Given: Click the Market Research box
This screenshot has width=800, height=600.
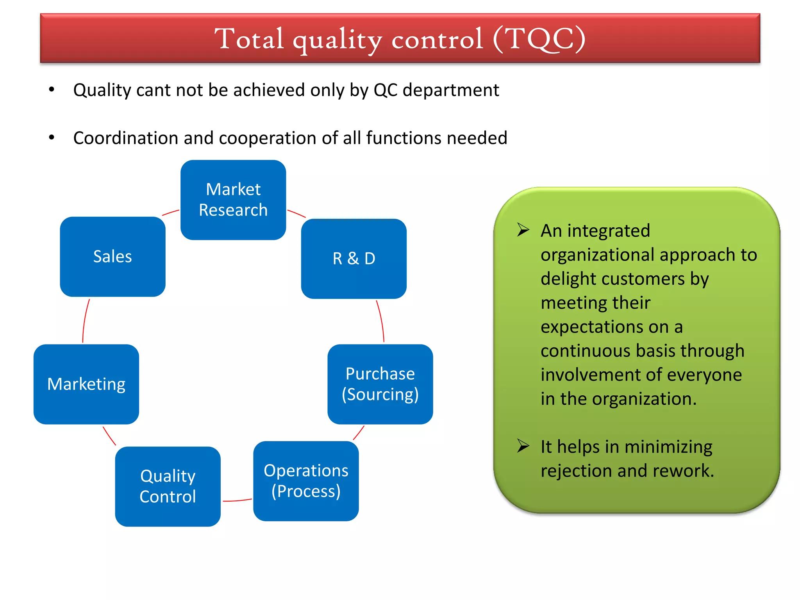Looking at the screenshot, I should pyautogui.click(x=233, y=200).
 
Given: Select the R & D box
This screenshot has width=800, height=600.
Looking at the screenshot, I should pyautogui.click(x=354, y=259).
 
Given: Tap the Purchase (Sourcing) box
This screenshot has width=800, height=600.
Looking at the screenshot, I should pyautogui.click(x=380, y=384).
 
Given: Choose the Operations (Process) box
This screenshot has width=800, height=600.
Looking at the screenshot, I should pyautogui.click(x=306, y=481).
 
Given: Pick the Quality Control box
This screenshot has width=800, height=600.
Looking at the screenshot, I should pyautogui.click(x=168, y=486).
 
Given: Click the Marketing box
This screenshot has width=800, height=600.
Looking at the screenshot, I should pyautogui.click(x=86, y=384).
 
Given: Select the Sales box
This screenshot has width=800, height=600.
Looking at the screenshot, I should pyautogui.click(x=112, y=257).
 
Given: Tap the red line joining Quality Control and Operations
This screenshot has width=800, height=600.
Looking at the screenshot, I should pyautogui.click(x=237, y=500).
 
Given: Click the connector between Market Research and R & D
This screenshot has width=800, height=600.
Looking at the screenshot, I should pyautogui.click(x=296, y=213).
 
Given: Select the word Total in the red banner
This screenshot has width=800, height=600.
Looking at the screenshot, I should pyautogui.click(x=249, y=39).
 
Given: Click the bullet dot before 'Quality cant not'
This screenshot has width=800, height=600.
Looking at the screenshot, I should pyautogui.click(x=52, y=90).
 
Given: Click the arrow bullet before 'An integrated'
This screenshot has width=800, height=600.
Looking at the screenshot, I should pyautogui.click(x=523, y=230).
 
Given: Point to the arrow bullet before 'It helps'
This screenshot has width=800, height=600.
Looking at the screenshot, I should pyautogui.click(x=523, y=446).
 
